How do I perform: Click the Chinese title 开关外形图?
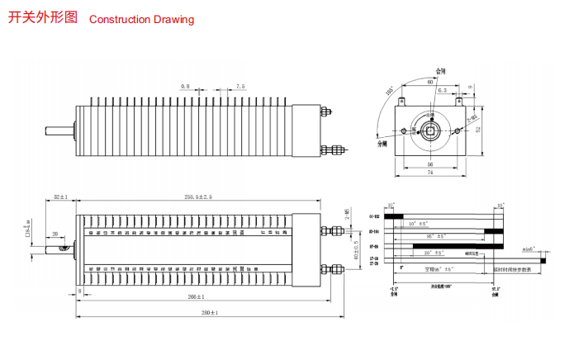(x=42, y=17)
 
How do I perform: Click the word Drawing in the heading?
(x=173, y=19)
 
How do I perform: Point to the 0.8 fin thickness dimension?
(x=185, y=85)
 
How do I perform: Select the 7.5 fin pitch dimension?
(x=239, y=85)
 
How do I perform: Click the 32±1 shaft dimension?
(x=60, y=197)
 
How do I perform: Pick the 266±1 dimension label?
(x=197, y=296)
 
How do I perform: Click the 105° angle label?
(x=389, y=91)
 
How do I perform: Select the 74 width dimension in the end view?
(x=430, y=173)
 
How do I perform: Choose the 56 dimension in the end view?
(x=430, y=163)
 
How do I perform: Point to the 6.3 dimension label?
(x=443, y=90)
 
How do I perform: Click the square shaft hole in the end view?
(x=430, y=130)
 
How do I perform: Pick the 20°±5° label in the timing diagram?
(x=439, y=252)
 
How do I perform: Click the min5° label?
(x=529, y=249)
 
